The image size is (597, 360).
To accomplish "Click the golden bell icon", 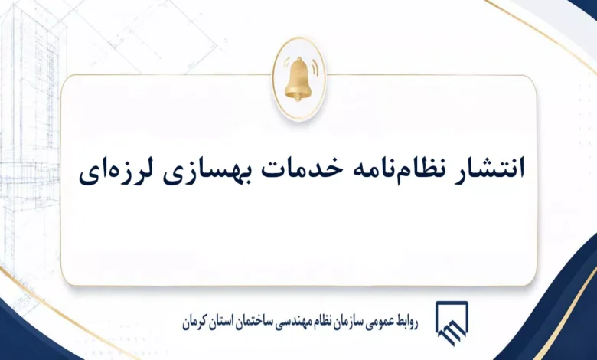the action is pos(298,79).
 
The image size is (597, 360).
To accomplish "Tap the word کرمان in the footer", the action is pos(194,323).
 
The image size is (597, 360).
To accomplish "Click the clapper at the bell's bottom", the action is pos(298,98).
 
